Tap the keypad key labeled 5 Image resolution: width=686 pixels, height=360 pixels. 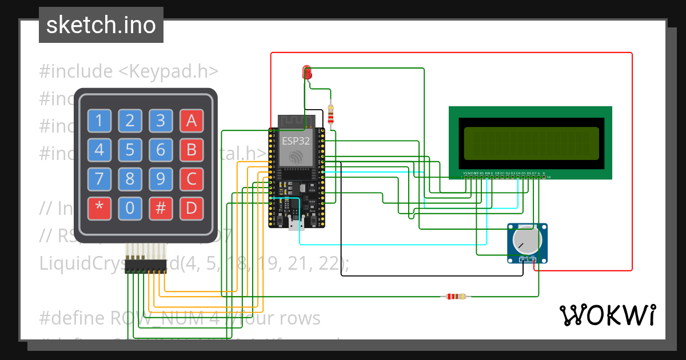(130, 150)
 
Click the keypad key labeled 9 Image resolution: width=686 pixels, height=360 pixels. (161, 179)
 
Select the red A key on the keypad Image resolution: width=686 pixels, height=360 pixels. (192, 121)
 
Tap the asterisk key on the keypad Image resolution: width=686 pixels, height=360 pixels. (99, 209)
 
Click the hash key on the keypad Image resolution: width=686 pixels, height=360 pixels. (161, 209)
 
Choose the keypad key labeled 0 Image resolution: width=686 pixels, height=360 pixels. (130, 209)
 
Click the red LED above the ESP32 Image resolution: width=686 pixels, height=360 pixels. (307, 73)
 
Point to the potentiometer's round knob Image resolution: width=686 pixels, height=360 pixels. (527, 239)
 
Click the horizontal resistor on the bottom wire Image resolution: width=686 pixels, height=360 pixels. (456, 297)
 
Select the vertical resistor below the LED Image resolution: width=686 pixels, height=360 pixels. (331, 114)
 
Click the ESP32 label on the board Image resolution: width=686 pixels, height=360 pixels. (296, 141)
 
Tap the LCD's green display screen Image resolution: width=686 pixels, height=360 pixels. (531, 143)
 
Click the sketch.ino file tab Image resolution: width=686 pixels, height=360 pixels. (101, 25)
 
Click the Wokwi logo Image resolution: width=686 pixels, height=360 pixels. (607, 315)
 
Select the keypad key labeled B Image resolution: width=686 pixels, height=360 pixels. (192, 150)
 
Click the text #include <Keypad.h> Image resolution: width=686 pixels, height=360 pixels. (129, 71)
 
